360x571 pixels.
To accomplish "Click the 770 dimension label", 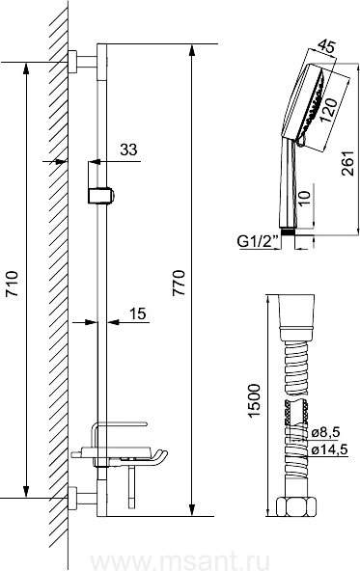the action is click(180, 283).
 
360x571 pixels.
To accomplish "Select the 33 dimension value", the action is click(128, 150).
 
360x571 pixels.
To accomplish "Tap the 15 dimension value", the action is click(137, 313).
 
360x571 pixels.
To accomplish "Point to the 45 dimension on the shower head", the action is click(326, 46).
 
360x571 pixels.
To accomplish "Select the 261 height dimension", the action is click(347, 163).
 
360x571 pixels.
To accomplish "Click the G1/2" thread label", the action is click(258, 241).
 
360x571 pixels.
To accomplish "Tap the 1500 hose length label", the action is click(254, 400).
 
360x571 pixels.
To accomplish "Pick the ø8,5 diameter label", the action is click(325, 432).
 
